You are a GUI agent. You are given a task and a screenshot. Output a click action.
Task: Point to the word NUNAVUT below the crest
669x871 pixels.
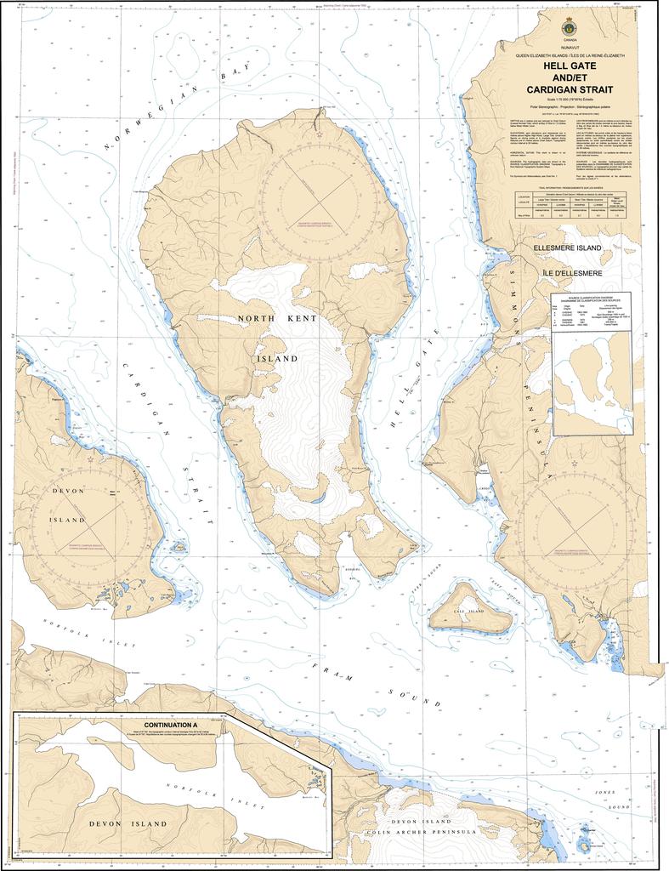coord(570,48)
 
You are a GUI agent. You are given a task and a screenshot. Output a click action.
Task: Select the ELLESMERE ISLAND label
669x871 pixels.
coord(567,248)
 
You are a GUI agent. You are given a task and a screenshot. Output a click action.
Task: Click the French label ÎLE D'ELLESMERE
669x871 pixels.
coord(568,273)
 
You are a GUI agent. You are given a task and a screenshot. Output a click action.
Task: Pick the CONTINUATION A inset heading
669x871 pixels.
coord(171,725)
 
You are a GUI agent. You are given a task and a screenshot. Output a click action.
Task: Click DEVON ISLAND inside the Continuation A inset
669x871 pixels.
coord(128,824)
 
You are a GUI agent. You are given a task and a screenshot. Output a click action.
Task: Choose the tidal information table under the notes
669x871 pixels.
coord(570,206)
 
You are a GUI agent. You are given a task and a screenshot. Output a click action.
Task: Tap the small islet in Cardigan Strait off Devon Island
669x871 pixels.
coord(179,549)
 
